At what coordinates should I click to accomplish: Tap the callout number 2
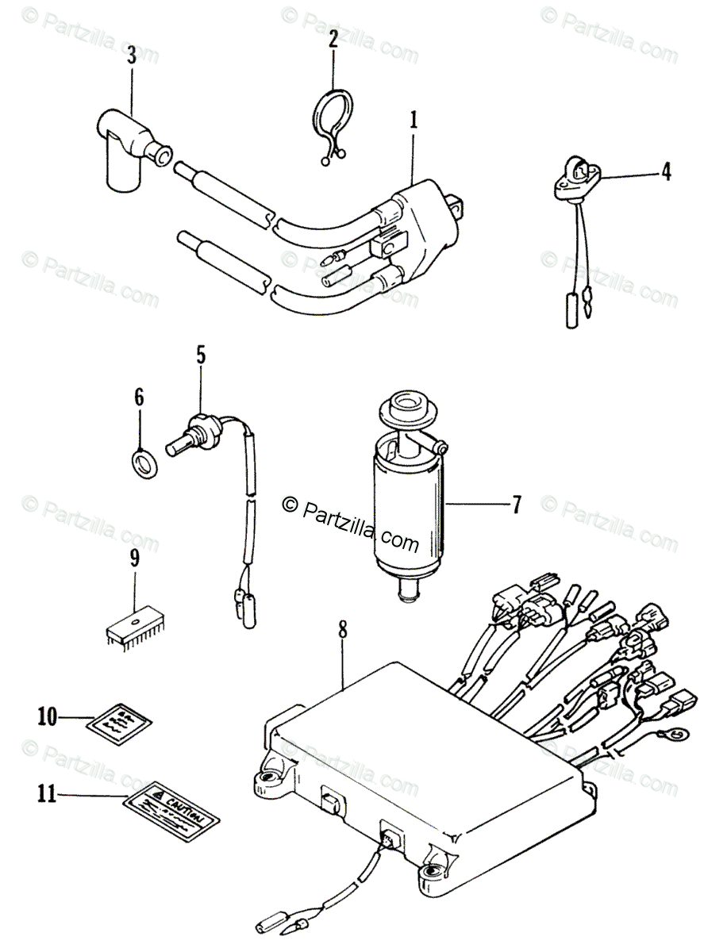coord(334,37)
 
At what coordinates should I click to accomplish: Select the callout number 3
coord(131,55)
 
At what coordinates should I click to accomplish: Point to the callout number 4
coord(666,171)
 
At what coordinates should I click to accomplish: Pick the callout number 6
coord(139,397)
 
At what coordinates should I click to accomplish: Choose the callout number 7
coord(515,505)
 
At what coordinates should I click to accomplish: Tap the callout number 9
coord(133,558)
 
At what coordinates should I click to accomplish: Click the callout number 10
coord(47,717)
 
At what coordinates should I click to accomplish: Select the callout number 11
coord(47,793)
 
